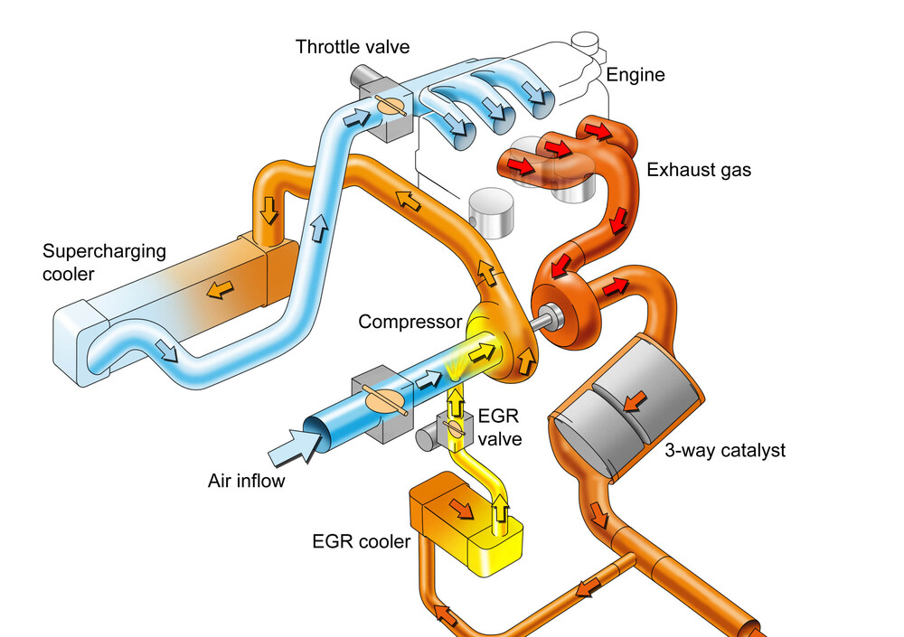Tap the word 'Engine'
pos(635,75)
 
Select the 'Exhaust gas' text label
pos(699,169)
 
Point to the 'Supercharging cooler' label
pos(105,262)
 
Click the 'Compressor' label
pos(410,322)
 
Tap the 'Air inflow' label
pos(246,480)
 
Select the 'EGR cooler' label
pos(361,542)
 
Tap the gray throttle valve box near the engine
pos(387,116)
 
